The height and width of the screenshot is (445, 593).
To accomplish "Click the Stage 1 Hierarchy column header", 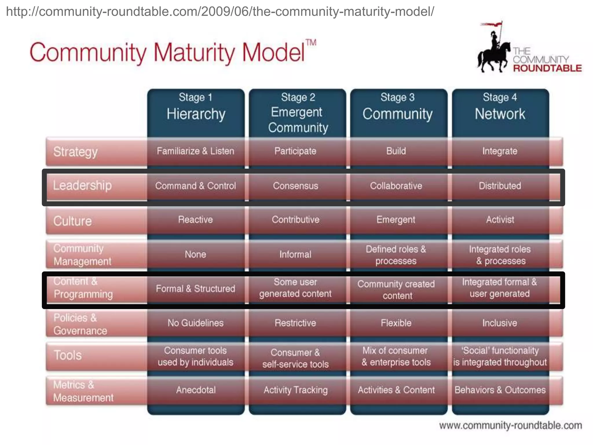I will (196, 109).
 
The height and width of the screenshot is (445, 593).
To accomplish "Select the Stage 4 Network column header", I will (500, 109).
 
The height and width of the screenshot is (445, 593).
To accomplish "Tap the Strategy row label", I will (75, 152).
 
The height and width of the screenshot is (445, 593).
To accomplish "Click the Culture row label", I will (72, 221).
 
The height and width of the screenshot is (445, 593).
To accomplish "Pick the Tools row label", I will (68, 355).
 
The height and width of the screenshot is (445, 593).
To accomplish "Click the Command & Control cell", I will (195, 186).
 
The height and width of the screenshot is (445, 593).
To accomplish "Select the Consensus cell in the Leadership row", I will (296, 186).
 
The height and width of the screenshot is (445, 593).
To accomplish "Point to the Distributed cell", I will (500, 186).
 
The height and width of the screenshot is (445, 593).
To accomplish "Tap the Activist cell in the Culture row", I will (500, 220).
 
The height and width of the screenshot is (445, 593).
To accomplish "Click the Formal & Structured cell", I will (195, 289).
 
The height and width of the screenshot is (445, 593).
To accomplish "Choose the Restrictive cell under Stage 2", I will (295, 323).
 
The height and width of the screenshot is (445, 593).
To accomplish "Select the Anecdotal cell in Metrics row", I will (196, 390).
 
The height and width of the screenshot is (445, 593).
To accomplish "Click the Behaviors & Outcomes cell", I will (500, 390).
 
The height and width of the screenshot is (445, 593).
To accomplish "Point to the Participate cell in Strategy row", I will (295, 151).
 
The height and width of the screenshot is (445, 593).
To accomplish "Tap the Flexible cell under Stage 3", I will (396, 323).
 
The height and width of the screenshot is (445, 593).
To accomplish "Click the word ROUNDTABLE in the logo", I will (547, 68).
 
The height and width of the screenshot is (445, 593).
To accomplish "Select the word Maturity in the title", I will (194, 53).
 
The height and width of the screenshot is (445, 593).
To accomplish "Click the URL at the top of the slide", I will (220, 12).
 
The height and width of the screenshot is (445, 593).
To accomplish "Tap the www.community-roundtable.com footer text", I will (510, 425).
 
